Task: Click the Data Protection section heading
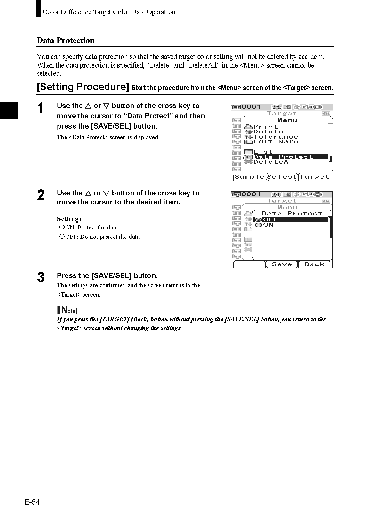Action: pos(65,40)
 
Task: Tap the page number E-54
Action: pos(32,502)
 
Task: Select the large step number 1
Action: pos(40,108)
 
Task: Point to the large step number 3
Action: pos(41,277)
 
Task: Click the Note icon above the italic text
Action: pos(67,310)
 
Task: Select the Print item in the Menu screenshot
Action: pos(265,127)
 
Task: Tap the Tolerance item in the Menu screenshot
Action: pos(275,137)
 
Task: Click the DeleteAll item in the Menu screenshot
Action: pos(275,162)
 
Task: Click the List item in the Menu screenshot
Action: pos(263,152)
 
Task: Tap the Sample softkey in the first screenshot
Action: pos(249,177)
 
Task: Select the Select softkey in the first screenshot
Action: pos(282,177)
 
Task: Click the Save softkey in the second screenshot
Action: pos(282,264)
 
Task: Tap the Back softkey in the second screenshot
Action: pos(314,264)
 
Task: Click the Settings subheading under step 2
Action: pos(69,219)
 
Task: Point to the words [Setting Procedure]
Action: pos(83,87)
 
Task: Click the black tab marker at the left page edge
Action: pos(9,110)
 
